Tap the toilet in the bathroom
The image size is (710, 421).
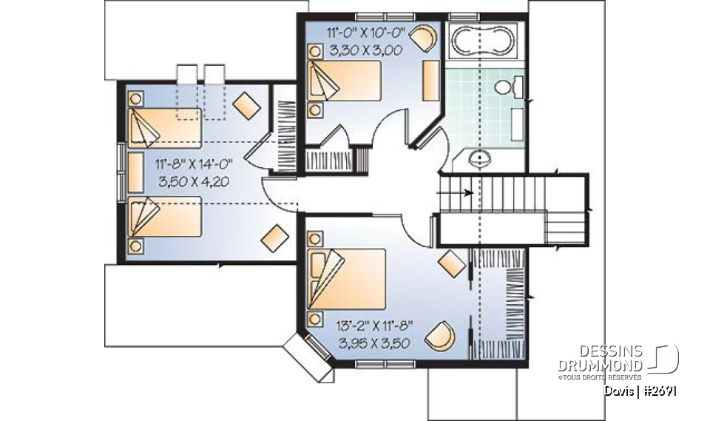click(506, 88)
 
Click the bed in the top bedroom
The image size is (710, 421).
click(344, 81)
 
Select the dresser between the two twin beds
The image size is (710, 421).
click(135, 172)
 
